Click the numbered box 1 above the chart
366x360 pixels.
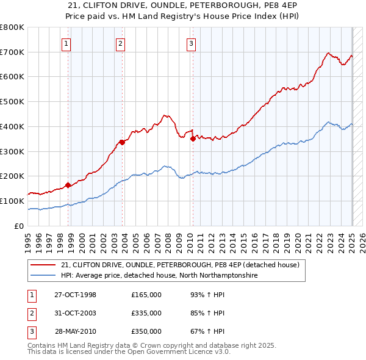[x=66, y=43]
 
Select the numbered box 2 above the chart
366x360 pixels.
[x=121, y=43]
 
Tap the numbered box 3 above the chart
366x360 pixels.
[x=191, y=43]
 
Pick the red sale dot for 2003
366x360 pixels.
[x=122, y=142]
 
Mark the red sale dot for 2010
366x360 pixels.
[x=193, y=139]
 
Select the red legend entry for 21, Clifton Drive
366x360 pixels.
[x=179, y=265]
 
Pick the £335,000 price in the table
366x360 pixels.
[x=146, y=313]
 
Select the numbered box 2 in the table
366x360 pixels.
[x=30, y=313]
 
